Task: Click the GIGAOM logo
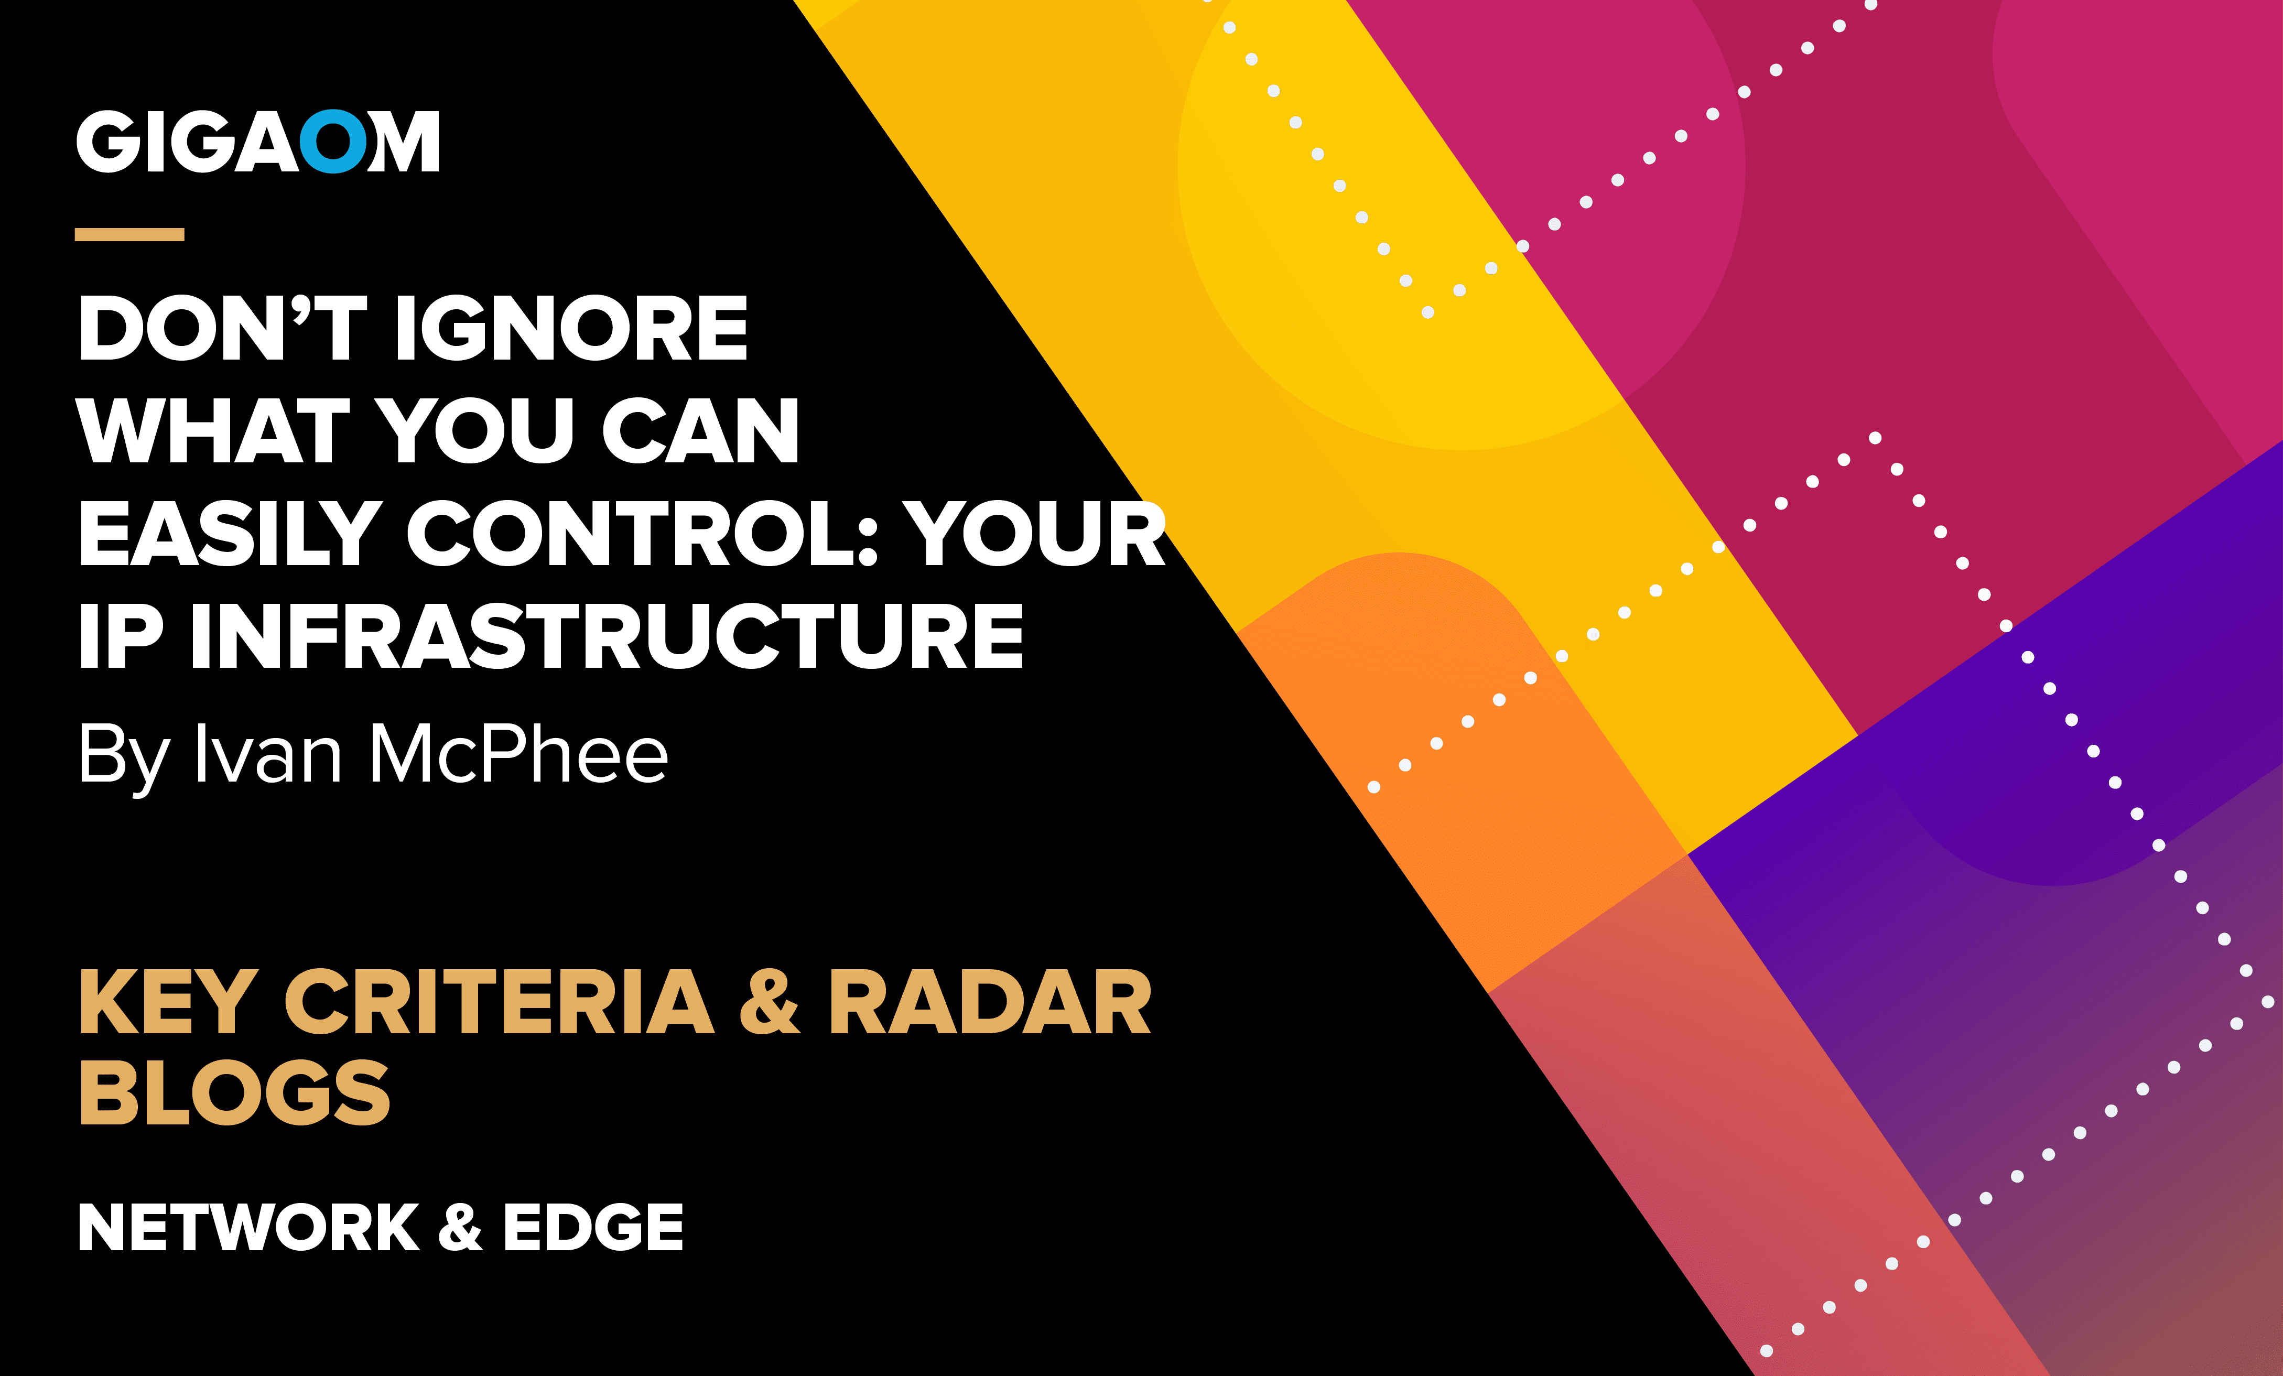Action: pyautogui.click(x=257, y=142)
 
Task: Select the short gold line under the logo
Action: pyautogui.click(x=129, y=234)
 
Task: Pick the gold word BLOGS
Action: pyautogui.click(x=234, y=1093)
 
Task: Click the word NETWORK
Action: pyautogui.click(x=248, y=1228)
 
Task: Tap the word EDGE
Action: pyautogui.click(x=593, y=1228)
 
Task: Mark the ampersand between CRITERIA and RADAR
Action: pyautogui.click(x=769, y=1003)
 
